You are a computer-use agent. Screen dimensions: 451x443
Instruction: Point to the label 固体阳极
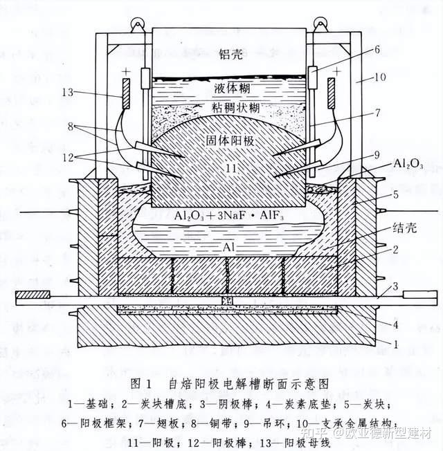230,139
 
